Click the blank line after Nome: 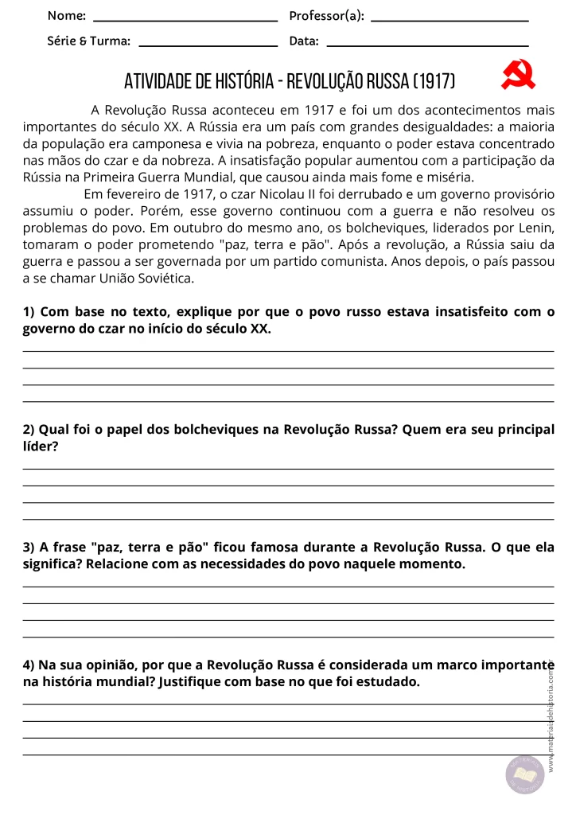click(185, 21)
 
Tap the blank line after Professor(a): click(450, 21)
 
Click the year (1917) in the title click(434, 81)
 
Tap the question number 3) click(29, 548)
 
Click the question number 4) click(29, 665)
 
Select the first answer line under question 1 click(289, 351)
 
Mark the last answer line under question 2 click(289, 519)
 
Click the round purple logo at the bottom click(524, 775)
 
